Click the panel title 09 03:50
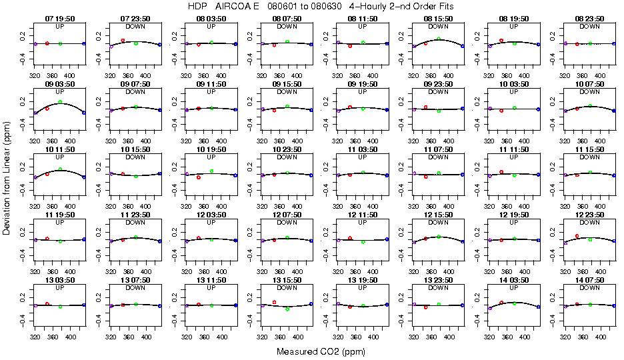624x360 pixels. click(x=59, y=85)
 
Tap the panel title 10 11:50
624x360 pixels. click(x=59, y=150)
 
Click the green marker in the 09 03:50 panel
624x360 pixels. click(x=60, y=102)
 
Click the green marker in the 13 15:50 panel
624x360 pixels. click(x=287, y=309)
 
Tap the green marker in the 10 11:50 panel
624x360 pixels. click(x=60, y=169)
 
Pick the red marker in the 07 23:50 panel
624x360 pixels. click(x=123, y=40)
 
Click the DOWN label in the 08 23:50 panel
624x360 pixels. click(x=590, y=27)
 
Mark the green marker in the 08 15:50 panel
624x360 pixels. click(x=439, y=38)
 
